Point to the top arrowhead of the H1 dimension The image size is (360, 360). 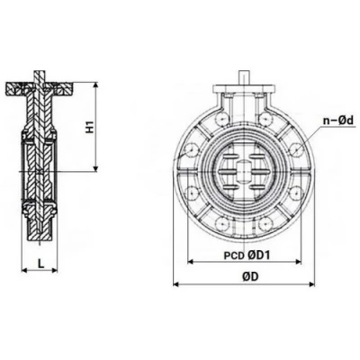pos(96,88)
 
